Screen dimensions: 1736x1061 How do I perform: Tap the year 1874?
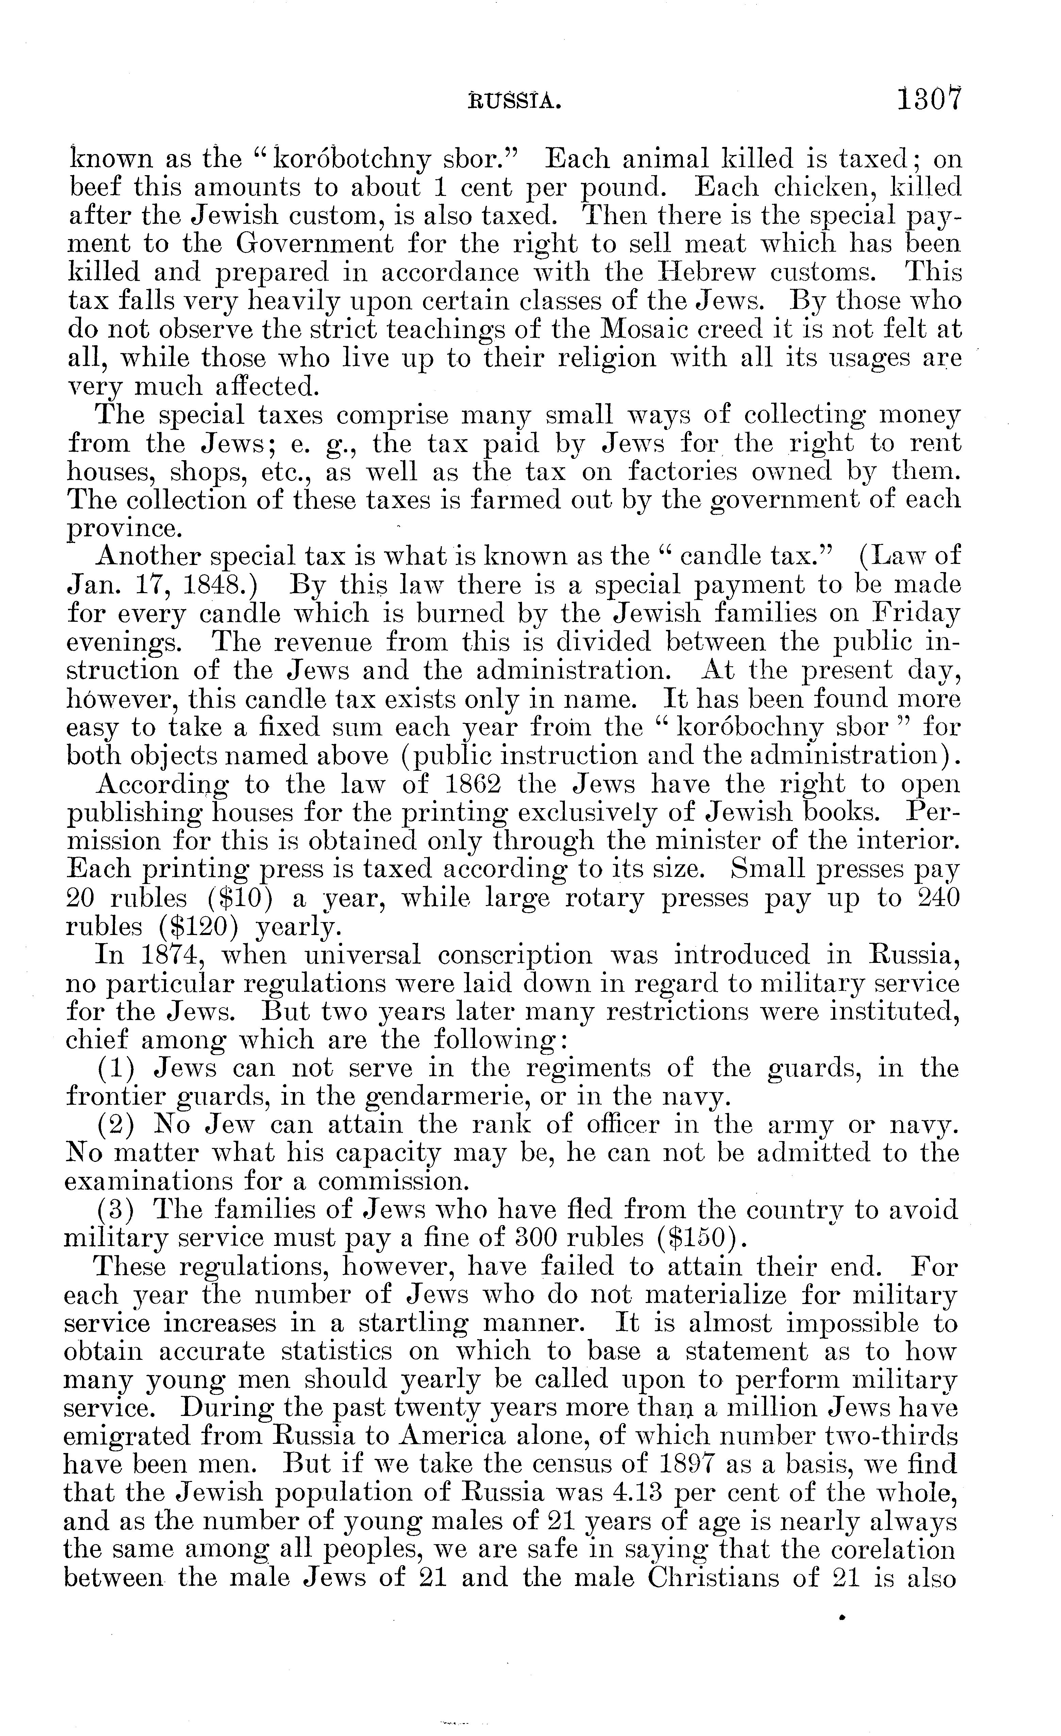(x=167, y=955)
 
